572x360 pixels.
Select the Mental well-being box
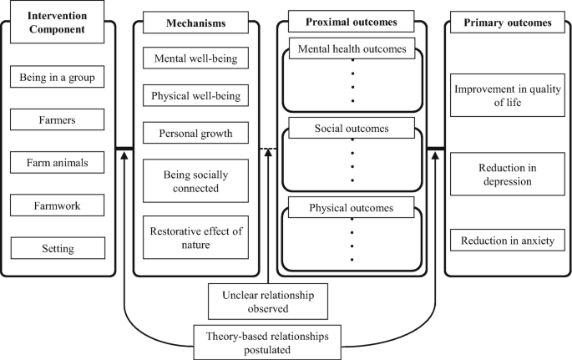[195, 60]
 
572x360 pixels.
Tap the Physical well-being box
[195, 97]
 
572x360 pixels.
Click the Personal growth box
[195, 134]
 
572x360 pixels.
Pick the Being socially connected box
[195, 180]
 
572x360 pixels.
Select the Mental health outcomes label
[352, 49]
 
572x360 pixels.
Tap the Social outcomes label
[352, 129]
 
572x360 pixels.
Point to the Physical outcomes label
[352, 207]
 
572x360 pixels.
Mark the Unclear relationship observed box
[256, 302]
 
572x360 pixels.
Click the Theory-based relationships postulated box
[256, 343]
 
